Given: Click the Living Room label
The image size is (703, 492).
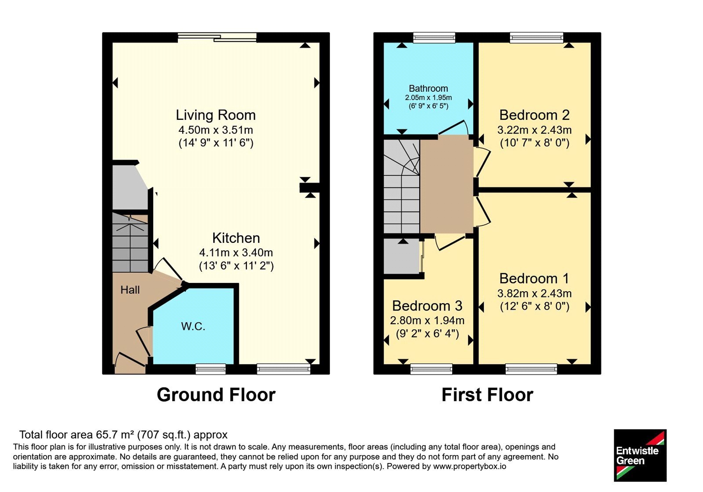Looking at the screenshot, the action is pos(216,115).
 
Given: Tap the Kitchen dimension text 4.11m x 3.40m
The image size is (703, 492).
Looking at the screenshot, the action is pos(236,253).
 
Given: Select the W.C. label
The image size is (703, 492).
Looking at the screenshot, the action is pos(193,327).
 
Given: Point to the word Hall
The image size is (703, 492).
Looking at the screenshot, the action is pos(130,290).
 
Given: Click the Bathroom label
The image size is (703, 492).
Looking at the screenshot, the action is pos(428,88).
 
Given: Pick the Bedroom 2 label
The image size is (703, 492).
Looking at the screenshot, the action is pos(534,115).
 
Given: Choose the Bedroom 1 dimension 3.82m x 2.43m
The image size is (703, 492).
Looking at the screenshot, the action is pos(534,293).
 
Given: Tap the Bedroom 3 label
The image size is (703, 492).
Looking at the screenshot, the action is pos(427,306).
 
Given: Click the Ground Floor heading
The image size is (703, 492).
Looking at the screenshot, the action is pos(216,395).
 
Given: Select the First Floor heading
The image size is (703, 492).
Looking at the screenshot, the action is pos(487,395).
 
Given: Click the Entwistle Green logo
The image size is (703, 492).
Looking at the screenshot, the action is pos(640,455).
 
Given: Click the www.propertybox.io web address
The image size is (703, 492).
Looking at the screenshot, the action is pos(470,467).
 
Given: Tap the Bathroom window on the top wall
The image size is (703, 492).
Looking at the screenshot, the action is pos(434,38).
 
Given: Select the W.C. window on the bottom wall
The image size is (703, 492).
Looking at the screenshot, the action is pos(210,369).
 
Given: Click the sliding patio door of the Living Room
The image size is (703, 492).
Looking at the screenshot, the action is pos(217,37).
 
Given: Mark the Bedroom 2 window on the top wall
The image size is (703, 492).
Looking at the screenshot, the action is pos(536,38).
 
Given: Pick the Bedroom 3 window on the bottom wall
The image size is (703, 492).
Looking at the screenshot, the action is pos(431,369).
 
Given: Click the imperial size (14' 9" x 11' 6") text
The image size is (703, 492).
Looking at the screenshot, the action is pos(216,143).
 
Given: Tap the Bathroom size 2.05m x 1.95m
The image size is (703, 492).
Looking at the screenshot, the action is pos(428,98).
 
